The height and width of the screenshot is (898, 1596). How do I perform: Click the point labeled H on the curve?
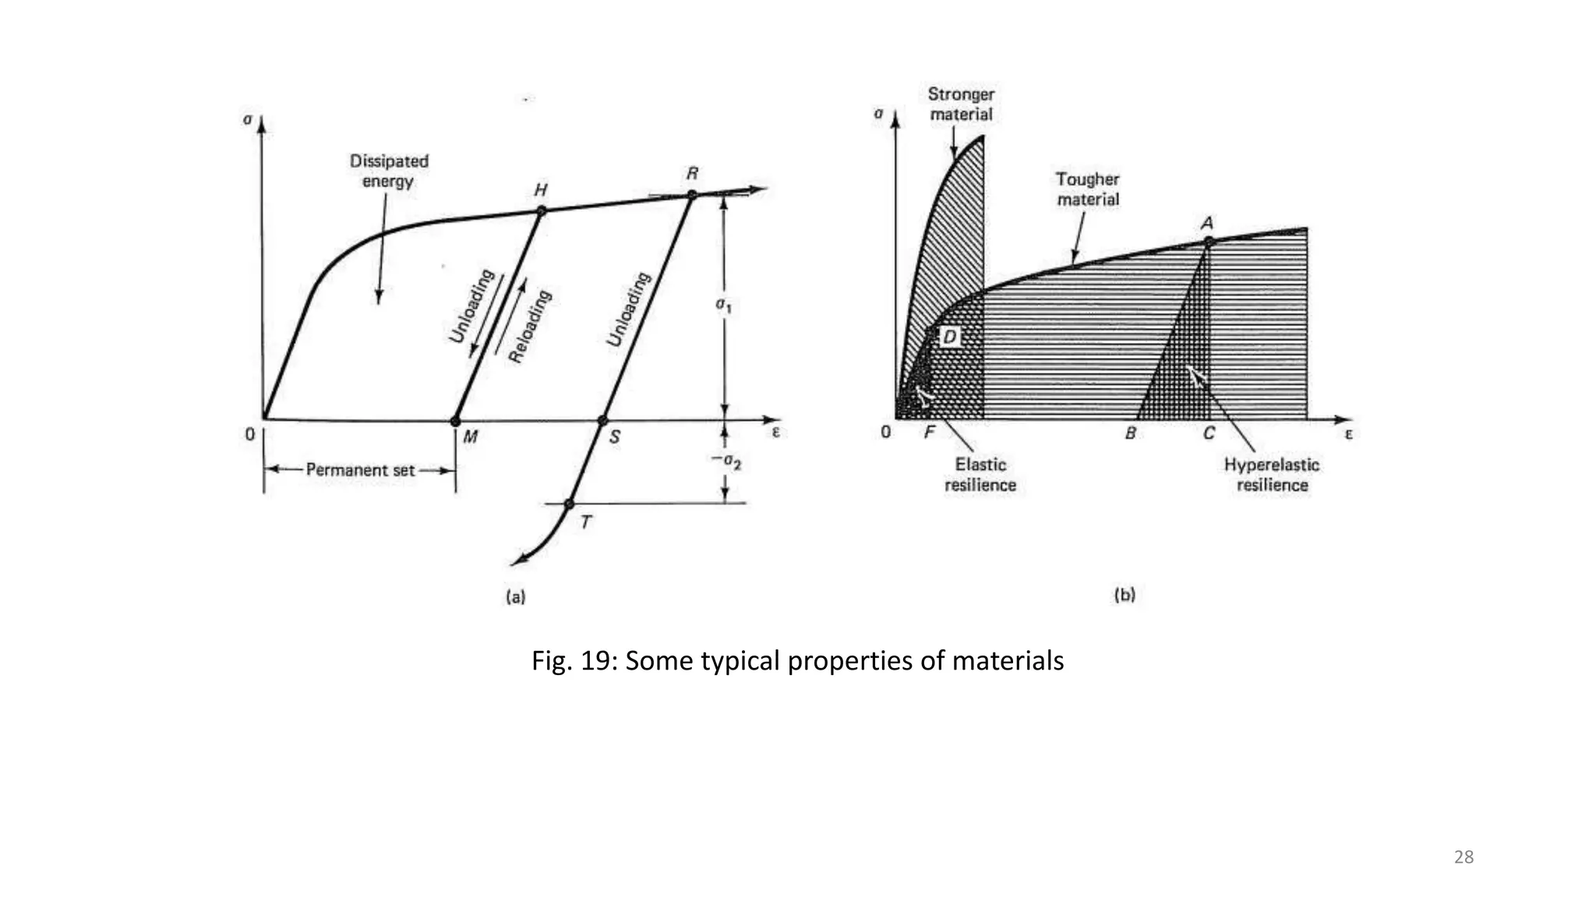click(x=542, y=210)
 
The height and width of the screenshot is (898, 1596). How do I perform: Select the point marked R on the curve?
click(x=691, y=195)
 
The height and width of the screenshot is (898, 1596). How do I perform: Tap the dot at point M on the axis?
click(x=456, y=421)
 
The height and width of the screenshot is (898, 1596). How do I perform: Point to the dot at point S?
click(x=602, y=421)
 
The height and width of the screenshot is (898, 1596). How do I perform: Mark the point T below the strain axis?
click(x=569, y=504)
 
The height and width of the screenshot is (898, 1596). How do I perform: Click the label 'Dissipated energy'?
click(x=388, y=171)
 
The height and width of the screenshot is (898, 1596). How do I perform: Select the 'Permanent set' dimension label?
click(x=360, y=470)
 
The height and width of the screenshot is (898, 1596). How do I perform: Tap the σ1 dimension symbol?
click(x=724, y=305)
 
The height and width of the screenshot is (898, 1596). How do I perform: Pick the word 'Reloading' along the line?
click(x=530, y=326)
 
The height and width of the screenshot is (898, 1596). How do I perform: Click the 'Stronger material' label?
click(x=961, y=104)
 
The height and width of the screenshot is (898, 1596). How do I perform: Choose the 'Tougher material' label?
click(x=1088, y=189)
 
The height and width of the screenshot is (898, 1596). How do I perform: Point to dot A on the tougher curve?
click(x=1209, y=242)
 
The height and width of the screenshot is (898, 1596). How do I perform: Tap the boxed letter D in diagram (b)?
click(x=949, y=337)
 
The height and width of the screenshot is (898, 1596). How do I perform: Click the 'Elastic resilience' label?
click(x=980, y=474)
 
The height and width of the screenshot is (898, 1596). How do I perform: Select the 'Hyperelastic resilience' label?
click(x=1272, y=474)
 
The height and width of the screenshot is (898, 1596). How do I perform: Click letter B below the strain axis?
click(x=1131, y=433)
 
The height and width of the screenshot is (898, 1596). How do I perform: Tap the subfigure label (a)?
click(x=516, y=597)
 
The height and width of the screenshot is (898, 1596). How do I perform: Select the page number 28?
click(x=1464, y=857)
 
